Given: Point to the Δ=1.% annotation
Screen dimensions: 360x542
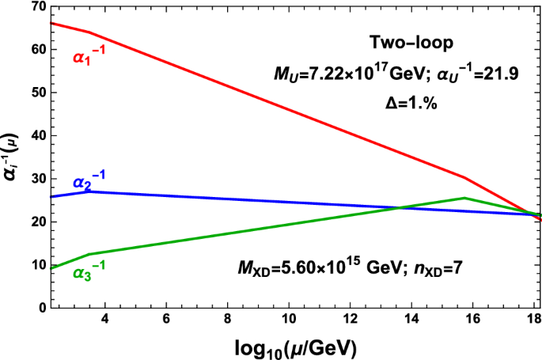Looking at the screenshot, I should (x=405, y=103).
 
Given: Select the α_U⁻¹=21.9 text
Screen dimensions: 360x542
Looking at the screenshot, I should (x=472, y=74).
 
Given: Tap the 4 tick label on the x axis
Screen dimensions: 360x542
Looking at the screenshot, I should (x=104, y=320).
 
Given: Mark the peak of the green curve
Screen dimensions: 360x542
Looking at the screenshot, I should (x=464, y=198).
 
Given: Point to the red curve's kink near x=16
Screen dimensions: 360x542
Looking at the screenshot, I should (x=464, y=178).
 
